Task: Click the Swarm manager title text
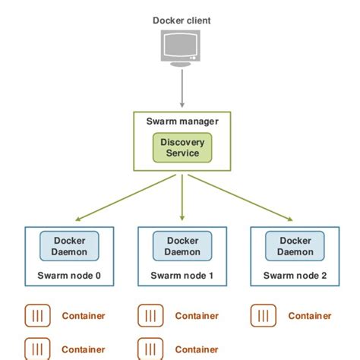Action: click(x=182, y=121)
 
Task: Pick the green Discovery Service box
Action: click(x=182, y=147)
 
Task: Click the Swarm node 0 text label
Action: click(x=69, y=276)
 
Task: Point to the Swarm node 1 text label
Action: click(x=182, y=276)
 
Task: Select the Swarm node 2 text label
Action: click(x=295, y=276)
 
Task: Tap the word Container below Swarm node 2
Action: click(x=310, y=316)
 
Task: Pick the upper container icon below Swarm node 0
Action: click(x=37, y=315)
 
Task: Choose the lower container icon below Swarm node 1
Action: click(x=150, y=348)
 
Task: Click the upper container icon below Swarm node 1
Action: click(x=150, y=315)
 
